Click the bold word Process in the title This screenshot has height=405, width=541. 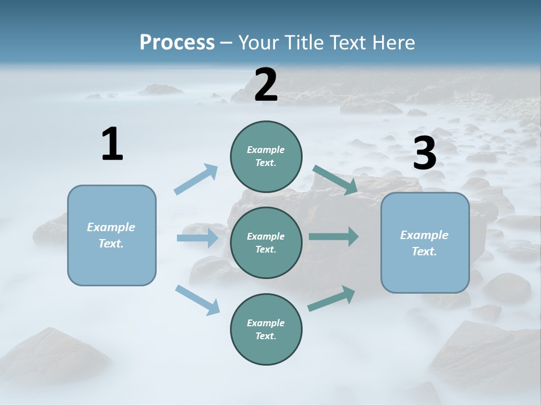point(177,42)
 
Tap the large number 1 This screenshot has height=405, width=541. point(112,144)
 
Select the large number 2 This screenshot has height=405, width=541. point(266,85)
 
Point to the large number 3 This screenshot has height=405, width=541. point(424,153)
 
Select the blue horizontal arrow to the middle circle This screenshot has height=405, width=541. point(197,238)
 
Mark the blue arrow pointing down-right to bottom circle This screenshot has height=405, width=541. point(198,299)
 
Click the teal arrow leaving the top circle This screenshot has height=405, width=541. point(335,180)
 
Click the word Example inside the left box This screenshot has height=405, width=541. point(111,227)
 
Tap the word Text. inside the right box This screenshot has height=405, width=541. point(424,251)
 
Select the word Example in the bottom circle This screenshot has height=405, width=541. point(265,323)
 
